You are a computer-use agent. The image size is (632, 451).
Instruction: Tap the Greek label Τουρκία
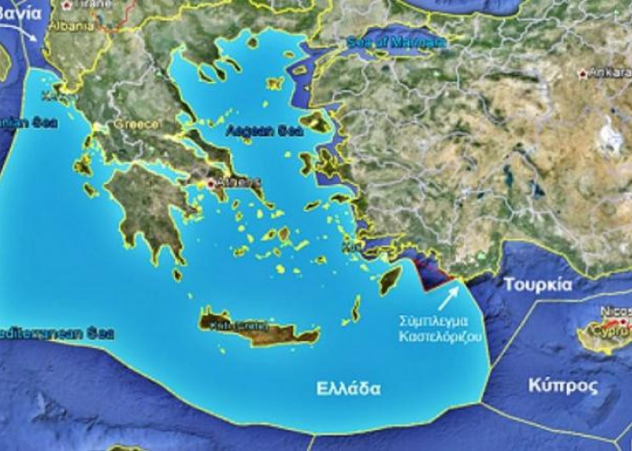537,283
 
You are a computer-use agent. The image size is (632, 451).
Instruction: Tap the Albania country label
73,26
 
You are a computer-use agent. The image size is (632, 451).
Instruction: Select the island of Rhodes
389,281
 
